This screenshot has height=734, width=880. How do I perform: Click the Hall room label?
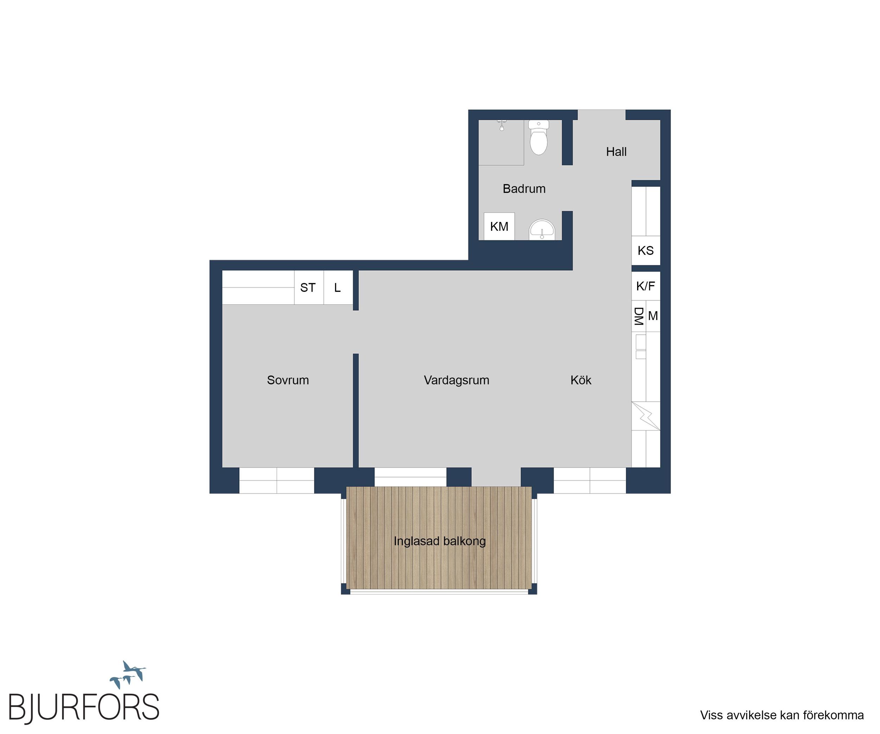point(616,152)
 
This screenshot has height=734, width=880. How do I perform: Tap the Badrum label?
point(524,189)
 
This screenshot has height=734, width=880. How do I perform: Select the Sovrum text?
point(288,380)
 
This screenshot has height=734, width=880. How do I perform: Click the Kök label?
point(581,380)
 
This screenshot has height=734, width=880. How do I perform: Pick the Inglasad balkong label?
point(440,541)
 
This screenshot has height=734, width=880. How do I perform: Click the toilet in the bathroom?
point(539,137)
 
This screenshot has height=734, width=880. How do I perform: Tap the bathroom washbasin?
point(542,230)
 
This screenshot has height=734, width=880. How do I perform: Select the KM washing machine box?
point(499,227)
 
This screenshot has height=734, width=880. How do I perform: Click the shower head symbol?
point(502,125)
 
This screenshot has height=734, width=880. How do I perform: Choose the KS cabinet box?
point(646,251)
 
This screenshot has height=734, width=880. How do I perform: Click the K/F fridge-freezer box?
point(646,286)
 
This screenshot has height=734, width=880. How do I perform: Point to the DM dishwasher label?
point(638,316)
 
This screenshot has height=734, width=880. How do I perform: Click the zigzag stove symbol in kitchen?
point(646,416)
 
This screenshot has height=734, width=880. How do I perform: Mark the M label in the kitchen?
point(653,316)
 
